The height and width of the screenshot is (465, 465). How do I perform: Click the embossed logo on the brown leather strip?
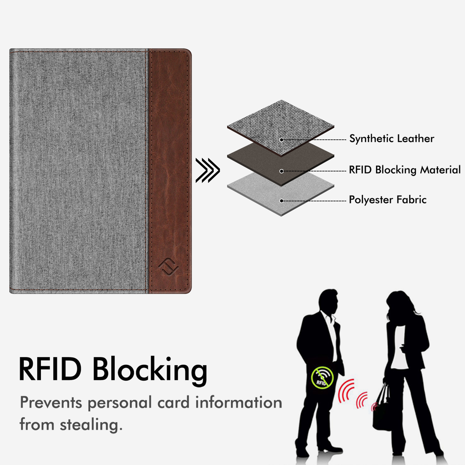click(x=168, y=267)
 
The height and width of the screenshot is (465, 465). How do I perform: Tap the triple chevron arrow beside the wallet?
click(x=207, y=170)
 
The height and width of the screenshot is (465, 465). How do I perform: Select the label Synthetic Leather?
click(x=392, y=139)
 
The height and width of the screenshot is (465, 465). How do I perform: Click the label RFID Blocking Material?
click(x=405, y=170)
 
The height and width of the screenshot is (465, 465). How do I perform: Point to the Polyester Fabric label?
click(x=387, y=200)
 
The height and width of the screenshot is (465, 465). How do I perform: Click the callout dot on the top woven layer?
click(x=281, y=140)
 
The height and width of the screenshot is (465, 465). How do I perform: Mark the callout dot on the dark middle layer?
click(x=281, y=171)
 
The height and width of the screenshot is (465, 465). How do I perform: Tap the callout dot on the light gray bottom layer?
click(x=281, y=201)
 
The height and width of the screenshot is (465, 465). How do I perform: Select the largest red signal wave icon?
click(x=346, y=391)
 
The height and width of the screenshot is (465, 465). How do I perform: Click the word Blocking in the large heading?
click(x=150, y=370)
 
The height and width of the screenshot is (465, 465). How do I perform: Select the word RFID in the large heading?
click(x=50, y=369)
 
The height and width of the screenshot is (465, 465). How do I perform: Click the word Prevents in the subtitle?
click(x=51, y=403)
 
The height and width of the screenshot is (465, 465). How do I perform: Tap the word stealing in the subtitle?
click(x=91, y=425)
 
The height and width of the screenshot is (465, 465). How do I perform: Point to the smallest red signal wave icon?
click(x=374, y=407)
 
